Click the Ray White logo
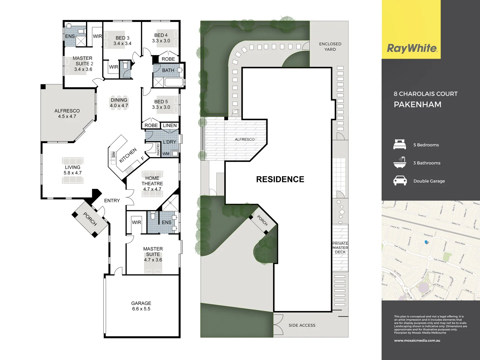click(412, 48)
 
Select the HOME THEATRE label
click(152, 183)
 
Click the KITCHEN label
click(128, 155)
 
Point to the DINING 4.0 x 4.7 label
click(119, 103)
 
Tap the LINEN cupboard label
click(170, 125)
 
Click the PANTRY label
click(158, 149)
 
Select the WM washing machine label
click(166, 154)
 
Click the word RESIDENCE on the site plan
click(280, 179)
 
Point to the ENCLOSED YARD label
click(330, 46)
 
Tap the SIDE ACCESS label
click(302, 325)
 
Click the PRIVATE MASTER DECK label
click(340, 248)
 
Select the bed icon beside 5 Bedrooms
click(400, 145)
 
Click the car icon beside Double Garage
click(400, 181)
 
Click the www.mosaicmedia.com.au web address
click(417, 341)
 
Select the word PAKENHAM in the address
click(417, 104)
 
